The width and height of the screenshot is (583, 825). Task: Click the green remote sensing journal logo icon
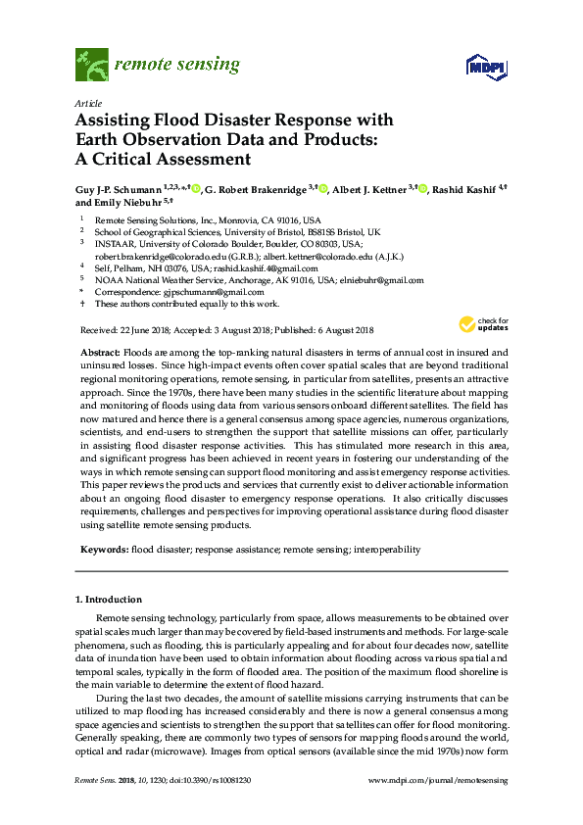91,66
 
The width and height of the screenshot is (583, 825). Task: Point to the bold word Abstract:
99,351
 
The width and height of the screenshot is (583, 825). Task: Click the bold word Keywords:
103,550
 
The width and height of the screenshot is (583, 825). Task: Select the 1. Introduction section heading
109,599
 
